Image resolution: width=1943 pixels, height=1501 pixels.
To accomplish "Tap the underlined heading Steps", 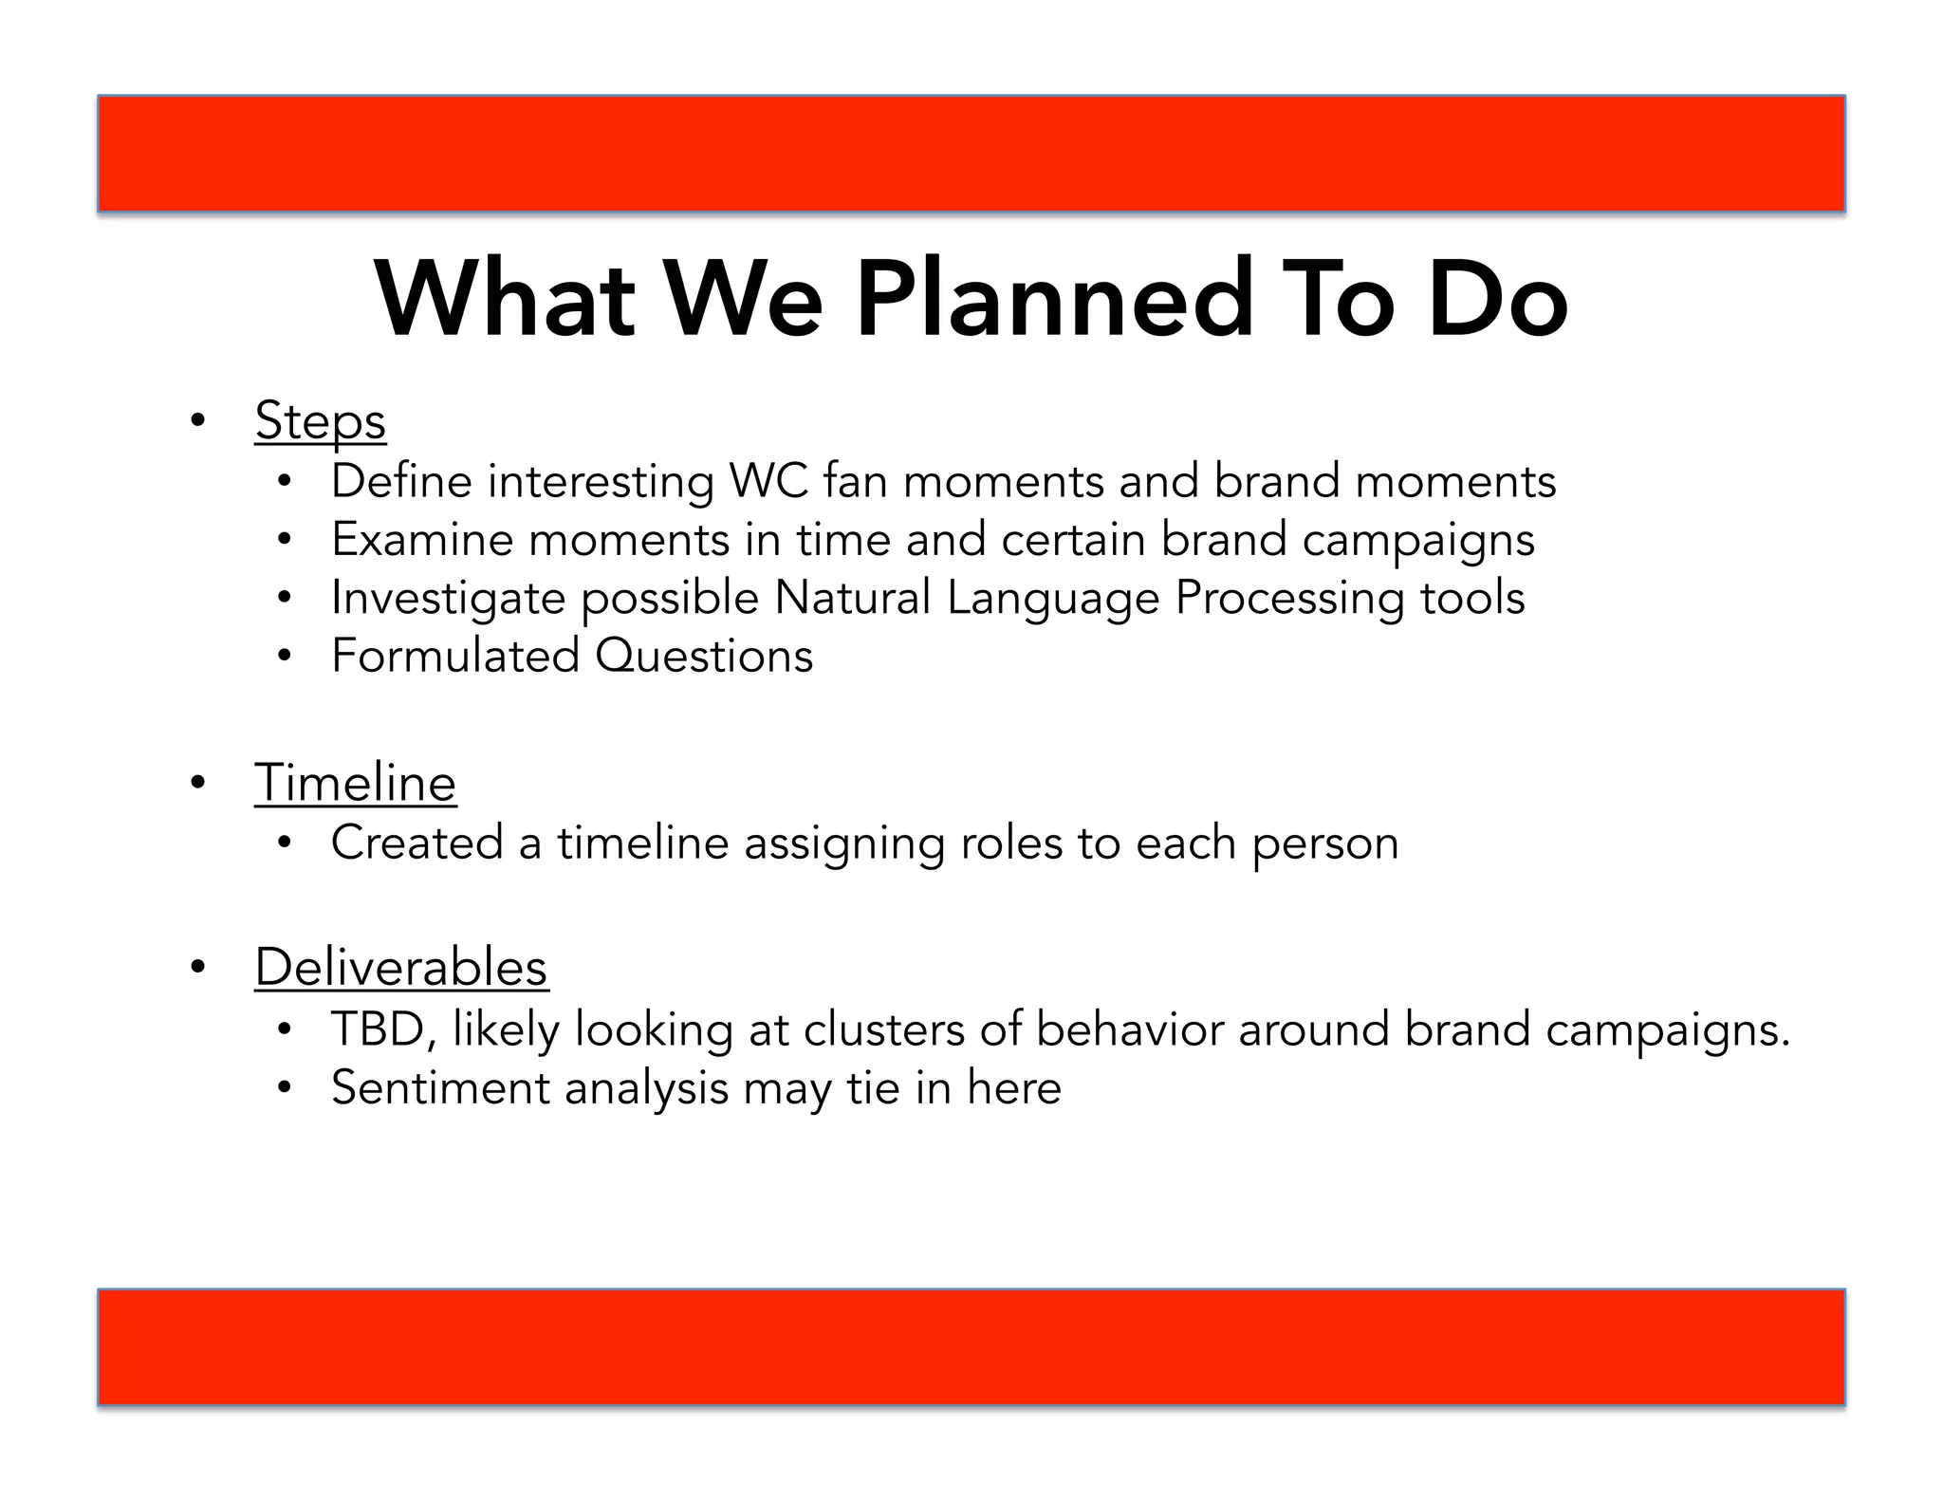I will (x=320, y=420).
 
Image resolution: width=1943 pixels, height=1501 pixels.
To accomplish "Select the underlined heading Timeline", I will (x=355, y=784).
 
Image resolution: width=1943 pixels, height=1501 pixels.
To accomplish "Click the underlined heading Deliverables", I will (x=401, y=967).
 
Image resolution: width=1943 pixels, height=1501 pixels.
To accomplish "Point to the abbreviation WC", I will (x=768, y=481).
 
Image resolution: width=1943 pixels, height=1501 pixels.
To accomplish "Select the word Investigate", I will (x=448, y=599).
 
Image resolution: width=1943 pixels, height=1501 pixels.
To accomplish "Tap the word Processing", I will (x=1288, y=599).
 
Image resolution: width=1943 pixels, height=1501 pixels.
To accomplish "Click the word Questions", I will (x=704, y=657).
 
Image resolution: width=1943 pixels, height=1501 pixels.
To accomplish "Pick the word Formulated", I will (x=454, y=657).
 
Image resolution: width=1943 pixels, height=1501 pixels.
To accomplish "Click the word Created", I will (x=416, y=843).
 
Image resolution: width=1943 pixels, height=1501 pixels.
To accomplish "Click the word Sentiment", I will (x=439, y=1088).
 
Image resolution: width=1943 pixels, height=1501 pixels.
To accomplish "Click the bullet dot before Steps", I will (x=197, y=420).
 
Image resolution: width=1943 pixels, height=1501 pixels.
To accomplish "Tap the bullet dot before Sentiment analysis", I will (x=284, y=1088).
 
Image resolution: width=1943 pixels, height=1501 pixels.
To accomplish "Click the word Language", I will (x=1053, y=599).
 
